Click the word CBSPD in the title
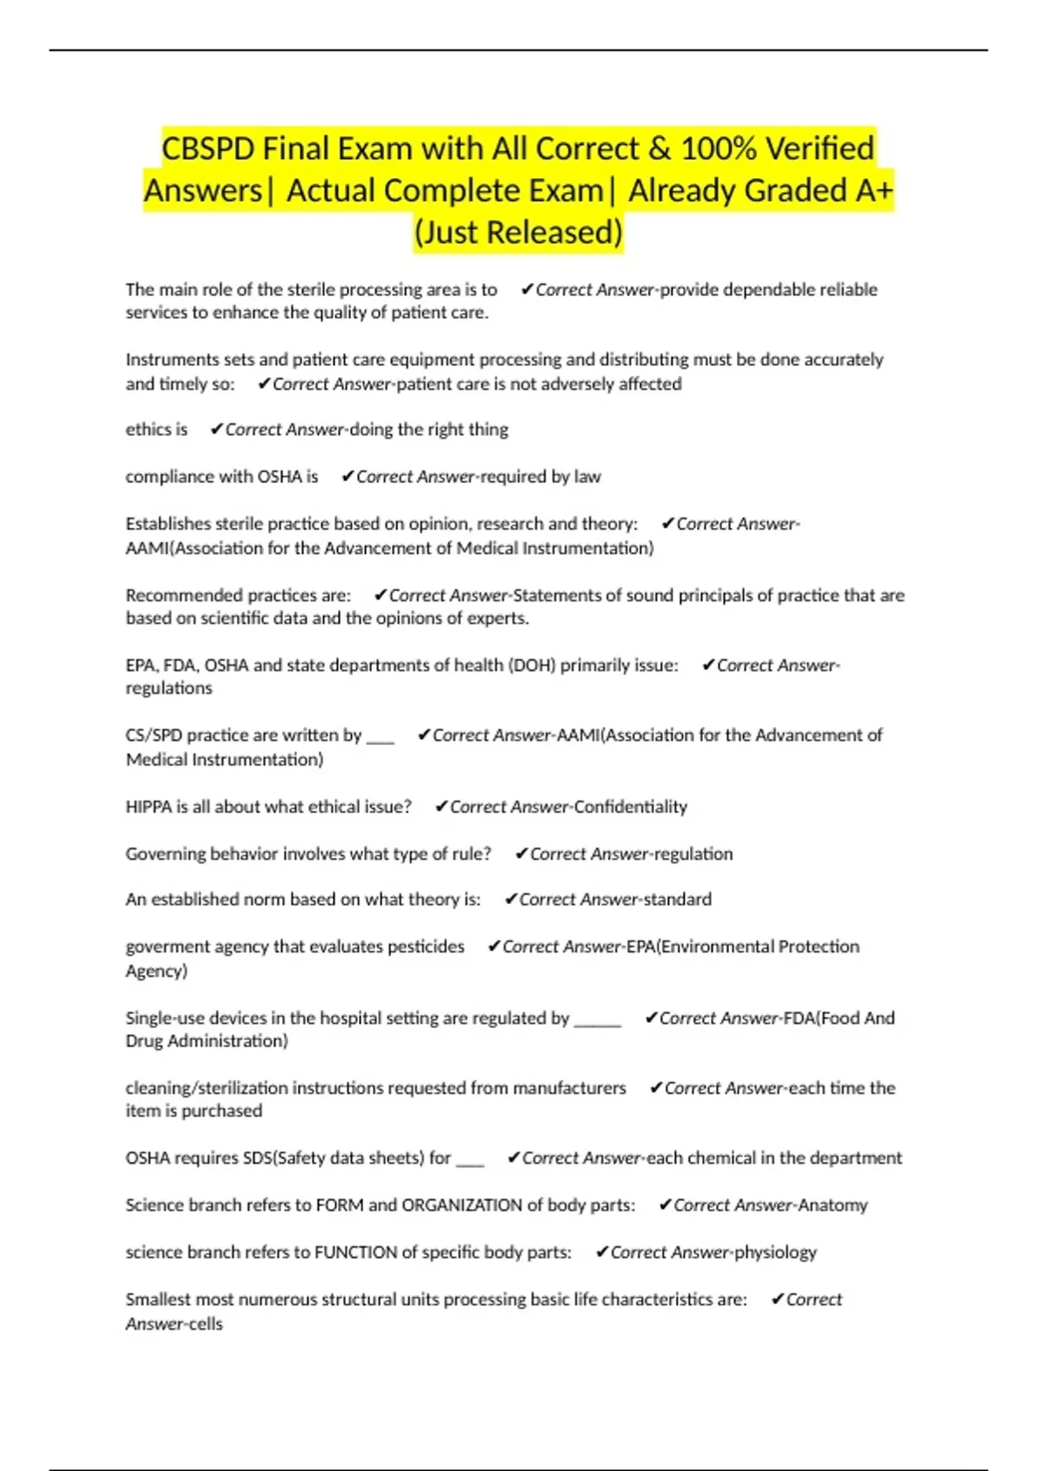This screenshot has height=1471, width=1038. tap(208, 149)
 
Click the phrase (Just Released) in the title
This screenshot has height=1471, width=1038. tap(518, 232)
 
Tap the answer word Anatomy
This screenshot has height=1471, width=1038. tap(832, 1204)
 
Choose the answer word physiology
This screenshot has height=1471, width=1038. tap(775, 1252)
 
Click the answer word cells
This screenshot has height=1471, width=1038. tap(206, 1323)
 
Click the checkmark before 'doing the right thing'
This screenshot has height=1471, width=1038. tap(216, 429)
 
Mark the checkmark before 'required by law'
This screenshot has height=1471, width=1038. tap(348, 476)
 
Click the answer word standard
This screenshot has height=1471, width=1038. tap(677, 899)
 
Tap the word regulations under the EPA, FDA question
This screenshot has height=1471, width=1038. tap(169, 688)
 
